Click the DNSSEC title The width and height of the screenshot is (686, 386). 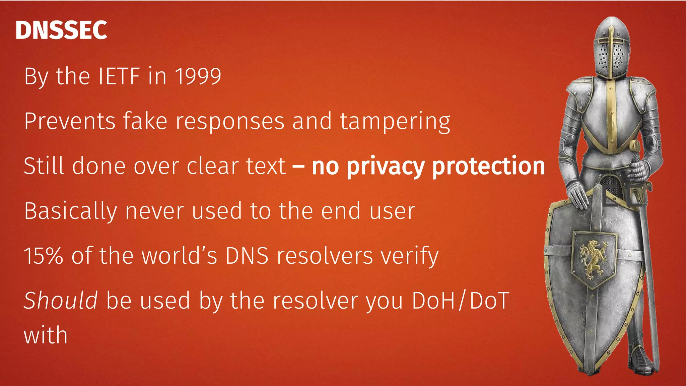tap(61, 30)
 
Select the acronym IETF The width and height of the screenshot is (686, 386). tap(119, 76)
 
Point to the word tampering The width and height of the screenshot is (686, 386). tap(395, 122)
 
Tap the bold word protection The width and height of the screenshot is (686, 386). tap(488, 166)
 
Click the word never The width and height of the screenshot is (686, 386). tap(154, 211)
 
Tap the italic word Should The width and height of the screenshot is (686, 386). tap(61, 300)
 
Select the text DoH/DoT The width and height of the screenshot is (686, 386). tap(461, 301)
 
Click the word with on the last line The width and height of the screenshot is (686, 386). tap(46, 335)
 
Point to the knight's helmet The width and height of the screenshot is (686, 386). tap(611, 47)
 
